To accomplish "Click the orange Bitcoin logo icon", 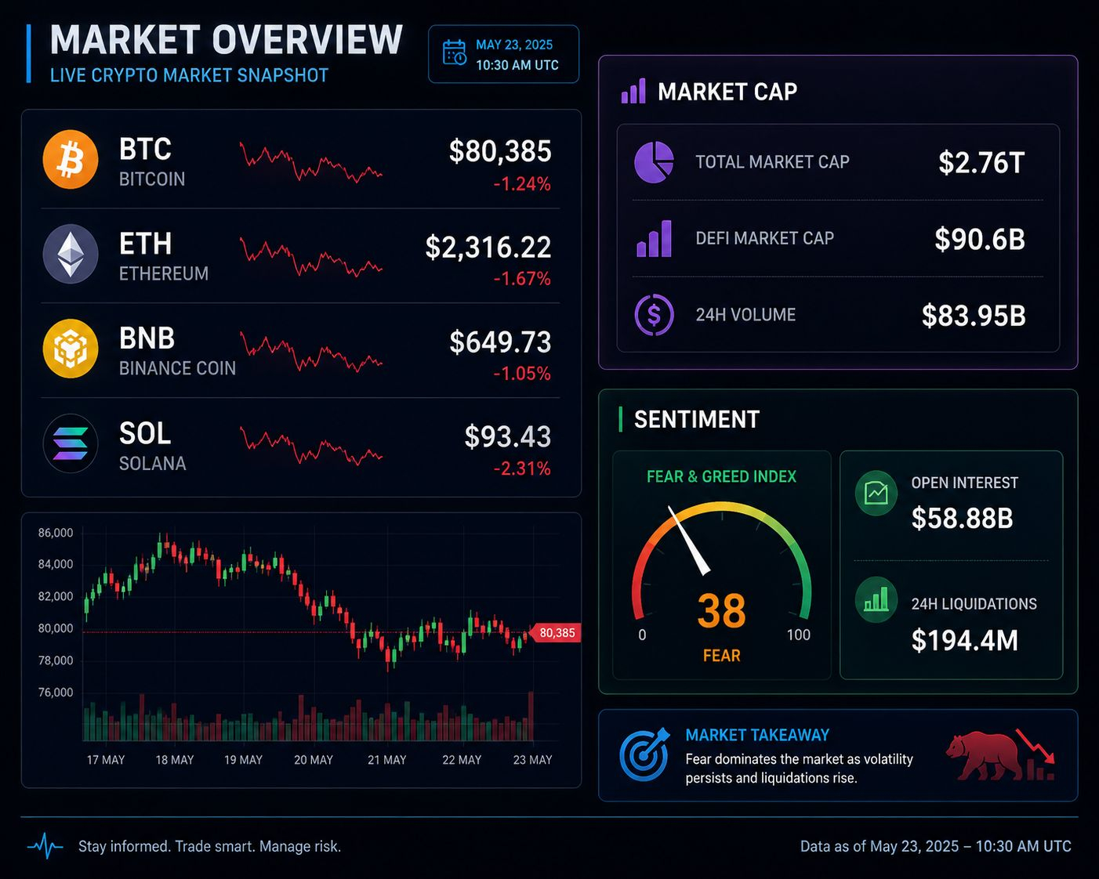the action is point(71,159).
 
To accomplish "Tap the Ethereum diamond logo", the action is point(71,254).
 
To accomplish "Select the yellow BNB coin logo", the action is point(71,349).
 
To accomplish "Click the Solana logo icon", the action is point(71,443).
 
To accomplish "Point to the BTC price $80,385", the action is point(500,151).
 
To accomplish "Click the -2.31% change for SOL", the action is point(522,468).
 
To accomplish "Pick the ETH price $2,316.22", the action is point(488,247).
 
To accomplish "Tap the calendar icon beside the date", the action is point(454,53).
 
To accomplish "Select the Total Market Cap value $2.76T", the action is point(981,162).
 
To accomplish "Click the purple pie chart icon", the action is point(654,162).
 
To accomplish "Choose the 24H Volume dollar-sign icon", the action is point(654,314).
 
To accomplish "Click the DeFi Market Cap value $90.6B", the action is point(980,239).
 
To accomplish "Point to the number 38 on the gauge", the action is point(721,610).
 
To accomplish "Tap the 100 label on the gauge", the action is point(798,635).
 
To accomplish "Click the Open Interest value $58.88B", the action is point(962,518).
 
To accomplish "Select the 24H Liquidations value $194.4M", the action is point(965,640).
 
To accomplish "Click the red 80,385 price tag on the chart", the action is point(555,633).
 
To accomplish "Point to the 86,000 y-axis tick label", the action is point(56,533).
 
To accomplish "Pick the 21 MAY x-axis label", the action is point(386,760).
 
